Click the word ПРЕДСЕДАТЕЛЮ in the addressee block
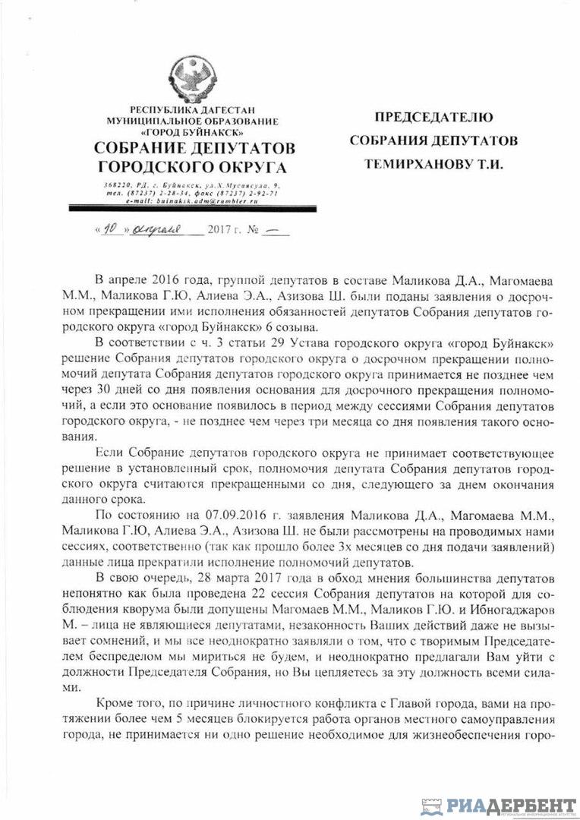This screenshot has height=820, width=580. coord(433,118)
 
